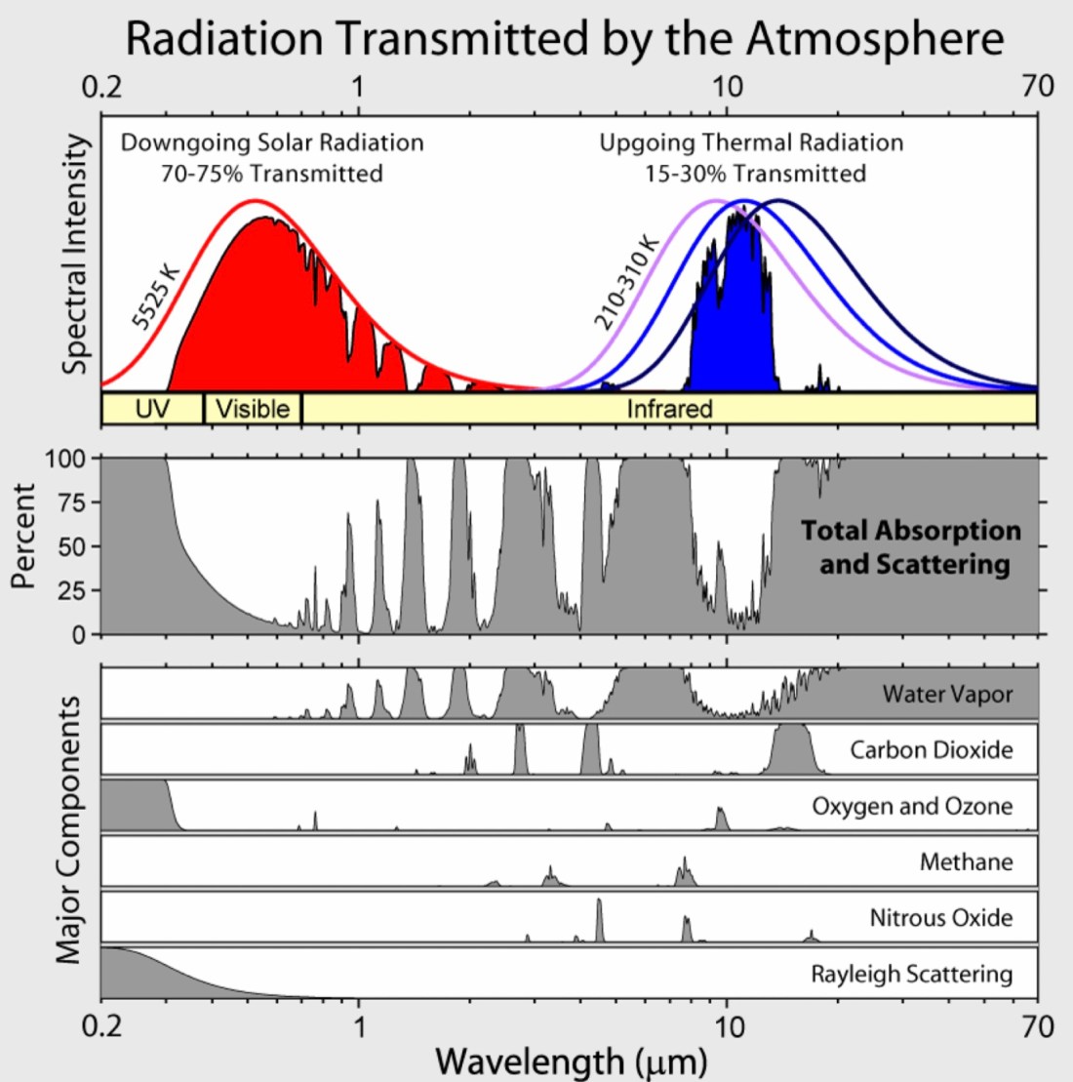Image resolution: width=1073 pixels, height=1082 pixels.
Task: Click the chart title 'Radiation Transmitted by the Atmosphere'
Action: (565, 39)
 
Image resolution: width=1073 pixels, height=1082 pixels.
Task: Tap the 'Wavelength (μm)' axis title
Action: (571, 1060)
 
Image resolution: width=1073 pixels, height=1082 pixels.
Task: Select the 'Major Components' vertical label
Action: (67, 829)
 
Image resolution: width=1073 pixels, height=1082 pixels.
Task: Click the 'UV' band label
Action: (152, 408)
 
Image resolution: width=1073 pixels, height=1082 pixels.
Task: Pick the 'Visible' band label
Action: (253, 408)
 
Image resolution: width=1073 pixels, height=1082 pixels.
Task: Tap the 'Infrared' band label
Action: (669, 408)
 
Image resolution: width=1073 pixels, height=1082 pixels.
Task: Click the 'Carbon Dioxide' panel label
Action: (931, 750)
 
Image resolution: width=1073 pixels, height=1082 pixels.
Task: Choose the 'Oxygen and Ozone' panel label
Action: (912, 807)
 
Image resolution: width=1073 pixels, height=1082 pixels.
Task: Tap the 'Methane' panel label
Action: (966, 862)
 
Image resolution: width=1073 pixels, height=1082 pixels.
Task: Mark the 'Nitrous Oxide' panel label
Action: (940, 918)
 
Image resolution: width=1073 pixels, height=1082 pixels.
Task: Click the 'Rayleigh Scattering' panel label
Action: (911, 974)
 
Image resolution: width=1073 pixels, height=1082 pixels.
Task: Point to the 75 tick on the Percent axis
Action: (81, 501)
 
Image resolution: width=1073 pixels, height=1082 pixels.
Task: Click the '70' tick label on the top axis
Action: (1038, 86)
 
